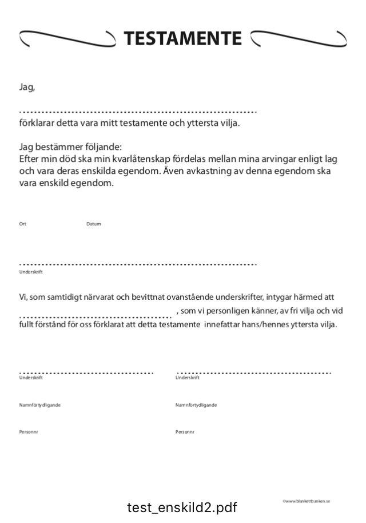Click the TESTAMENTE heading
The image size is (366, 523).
[x=183, y=38]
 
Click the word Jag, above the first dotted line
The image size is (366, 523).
[x=27, y=88]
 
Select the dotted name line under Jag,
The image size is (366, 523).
[x=137, y=112]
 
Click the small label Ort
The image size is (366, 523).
[x=23, y=224]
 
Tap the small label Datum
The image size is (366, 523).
[x=94, y=224]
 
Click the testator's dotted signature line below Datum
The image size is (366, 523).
[x=137, y=264]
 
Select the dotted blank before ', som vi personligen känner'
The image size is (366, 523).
[x=95, y=316]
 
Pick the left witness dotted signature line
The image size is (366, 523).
[x=86, y=373]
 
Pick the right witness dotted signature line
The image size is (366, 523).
[x=254, y=373]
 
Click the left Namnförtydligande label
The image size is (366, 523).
[x=40, y=405]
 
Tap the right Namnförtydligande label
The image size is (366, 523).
[x=196, y=405]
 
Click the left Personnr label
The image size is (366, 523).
[x=29, y=432]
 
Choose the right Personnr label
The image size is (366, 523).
[x=185, y=432]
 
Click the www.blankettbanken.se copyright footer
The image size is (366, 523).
[x=306, y=501]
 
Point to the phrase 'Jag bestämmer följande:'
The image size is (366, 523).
[x=70, y=146]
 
